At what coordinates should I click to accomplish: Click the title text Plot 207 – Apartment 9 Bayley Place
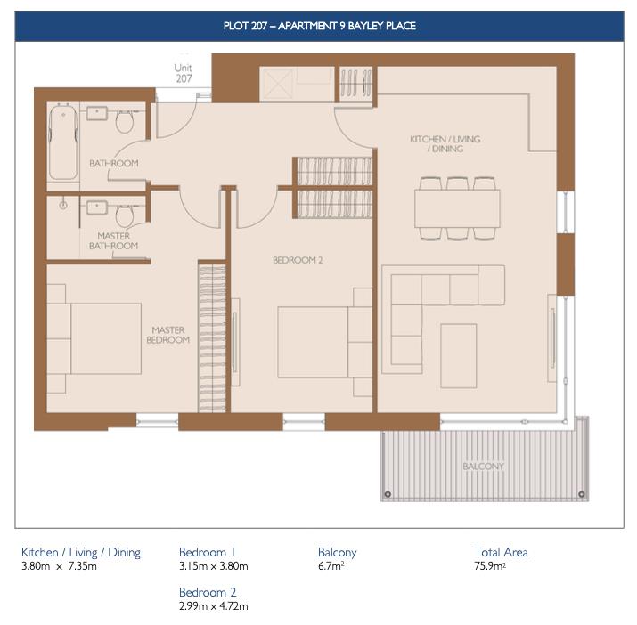[319, 26]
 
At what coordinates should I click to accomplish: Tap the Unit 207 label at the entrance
[184, 73]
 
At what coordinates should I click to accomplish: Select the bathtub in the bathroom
[62, 142]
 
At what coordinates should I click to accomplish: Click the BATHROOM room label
[113, 164]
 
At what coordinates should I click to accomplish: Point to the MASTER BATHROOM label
[113, 240]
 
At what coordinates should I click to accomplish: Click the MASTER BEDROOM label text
[168, 335]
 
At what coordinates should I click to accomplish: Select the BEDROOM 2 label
[296, 261]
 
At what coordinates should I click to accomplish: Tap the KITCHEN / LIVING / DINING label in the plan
[437, 144]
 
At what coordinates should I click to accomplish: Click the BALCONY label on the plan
[483, 467]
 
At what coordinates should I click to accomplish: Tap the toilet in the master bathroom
[125, 215]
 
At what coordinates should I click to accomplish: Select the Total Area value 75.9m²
[490, 566]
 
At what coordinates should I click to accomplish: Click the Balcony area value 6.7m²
[331, 566]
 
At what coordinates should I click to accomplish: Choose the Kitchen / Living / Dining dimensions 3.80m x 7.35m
[60, 566]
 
